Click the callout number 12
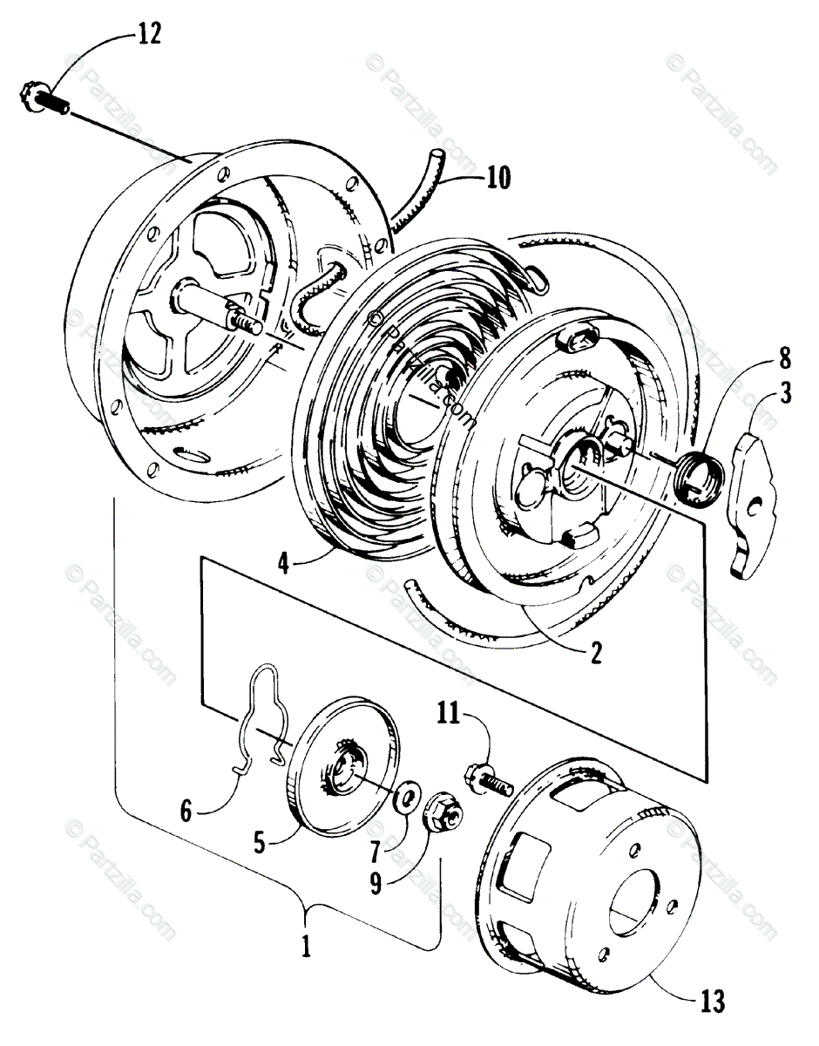149,36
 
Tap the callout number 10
498,179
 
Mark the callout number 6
186,811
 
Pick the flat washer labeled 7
406,798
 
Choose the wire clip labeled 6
261,715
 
